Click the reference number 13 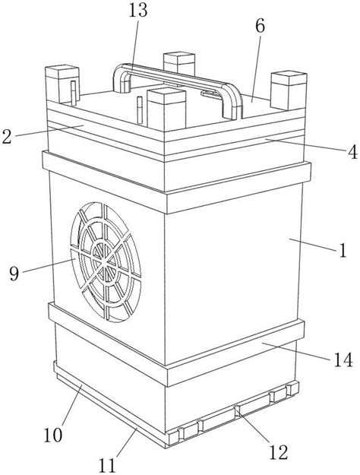coord(138,10)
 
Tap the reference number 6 coord(260,26)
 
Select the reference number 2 coord(7,136)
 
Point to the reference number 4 coord(352,152)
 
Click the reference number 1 coord(343,251)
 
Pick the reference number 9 coord(14,274)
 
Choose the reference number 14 coord(343,359)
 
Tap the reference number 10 coord(53,435)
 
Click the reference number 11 coord(107,465)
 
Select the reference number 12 coord(278,453)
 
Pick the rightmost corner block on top coord(289,90)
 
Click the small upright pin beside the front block coord(140,110)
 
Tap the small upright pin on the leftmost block coord(73,93)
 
